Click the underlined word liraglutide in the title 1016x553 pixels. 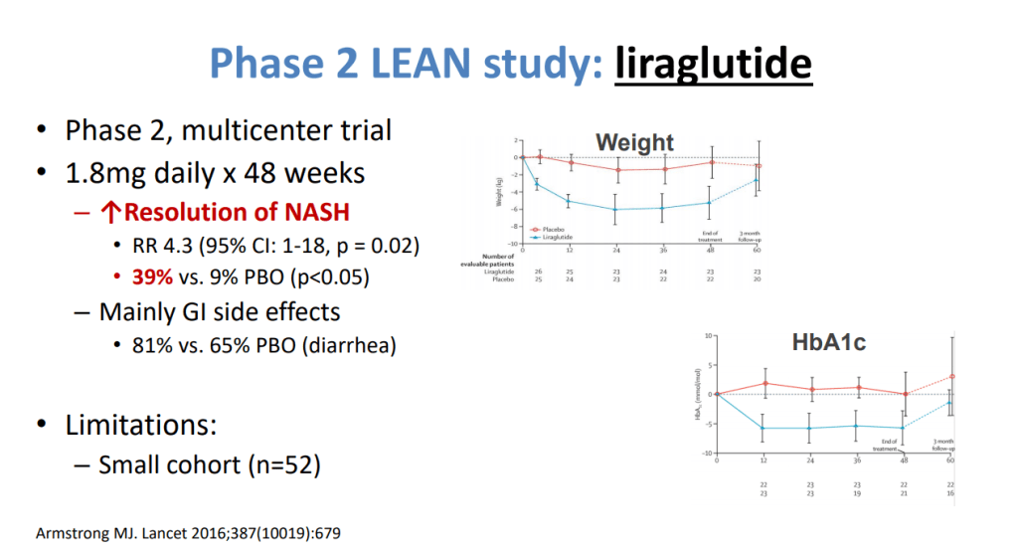tap(713, 63)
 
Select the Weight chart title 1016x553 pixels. tap(635, 143)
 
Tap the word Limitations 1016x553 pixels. tap(141, 425)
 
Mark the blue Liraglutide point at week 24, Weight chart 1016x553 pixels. tap(617, 209)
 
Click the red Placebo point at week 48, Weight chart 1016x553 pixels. tap(712, 162)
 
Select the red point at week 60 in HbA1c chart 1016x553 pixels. tap(952, 376)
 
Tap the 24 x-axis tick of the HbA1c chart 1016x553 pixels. tap(809, 461)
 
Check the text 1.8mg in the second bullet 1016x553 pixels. tap(105, 172)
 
